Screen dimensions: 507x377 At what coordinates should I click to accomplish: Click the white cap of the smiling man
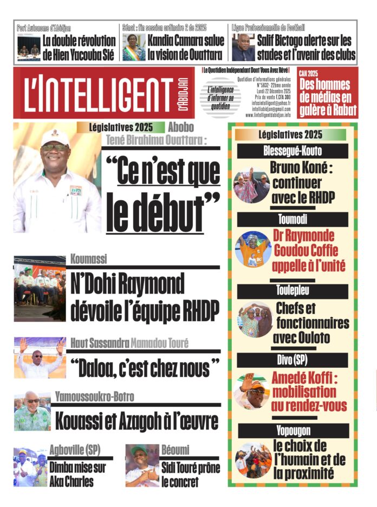tap(55, 138)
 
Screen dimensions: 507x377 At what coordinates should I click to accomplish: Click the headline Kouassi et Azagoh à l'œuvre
tap(136, 421)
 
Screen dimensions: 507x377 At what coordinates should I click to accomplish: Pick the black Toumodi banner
tap(292, 219)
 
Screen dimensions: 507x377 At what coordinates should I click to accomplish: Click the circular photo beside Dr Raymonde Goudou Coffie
tap(252, 249)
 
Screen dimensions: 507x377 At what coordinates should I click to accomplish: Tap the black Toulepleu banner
tap(292, 291)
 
